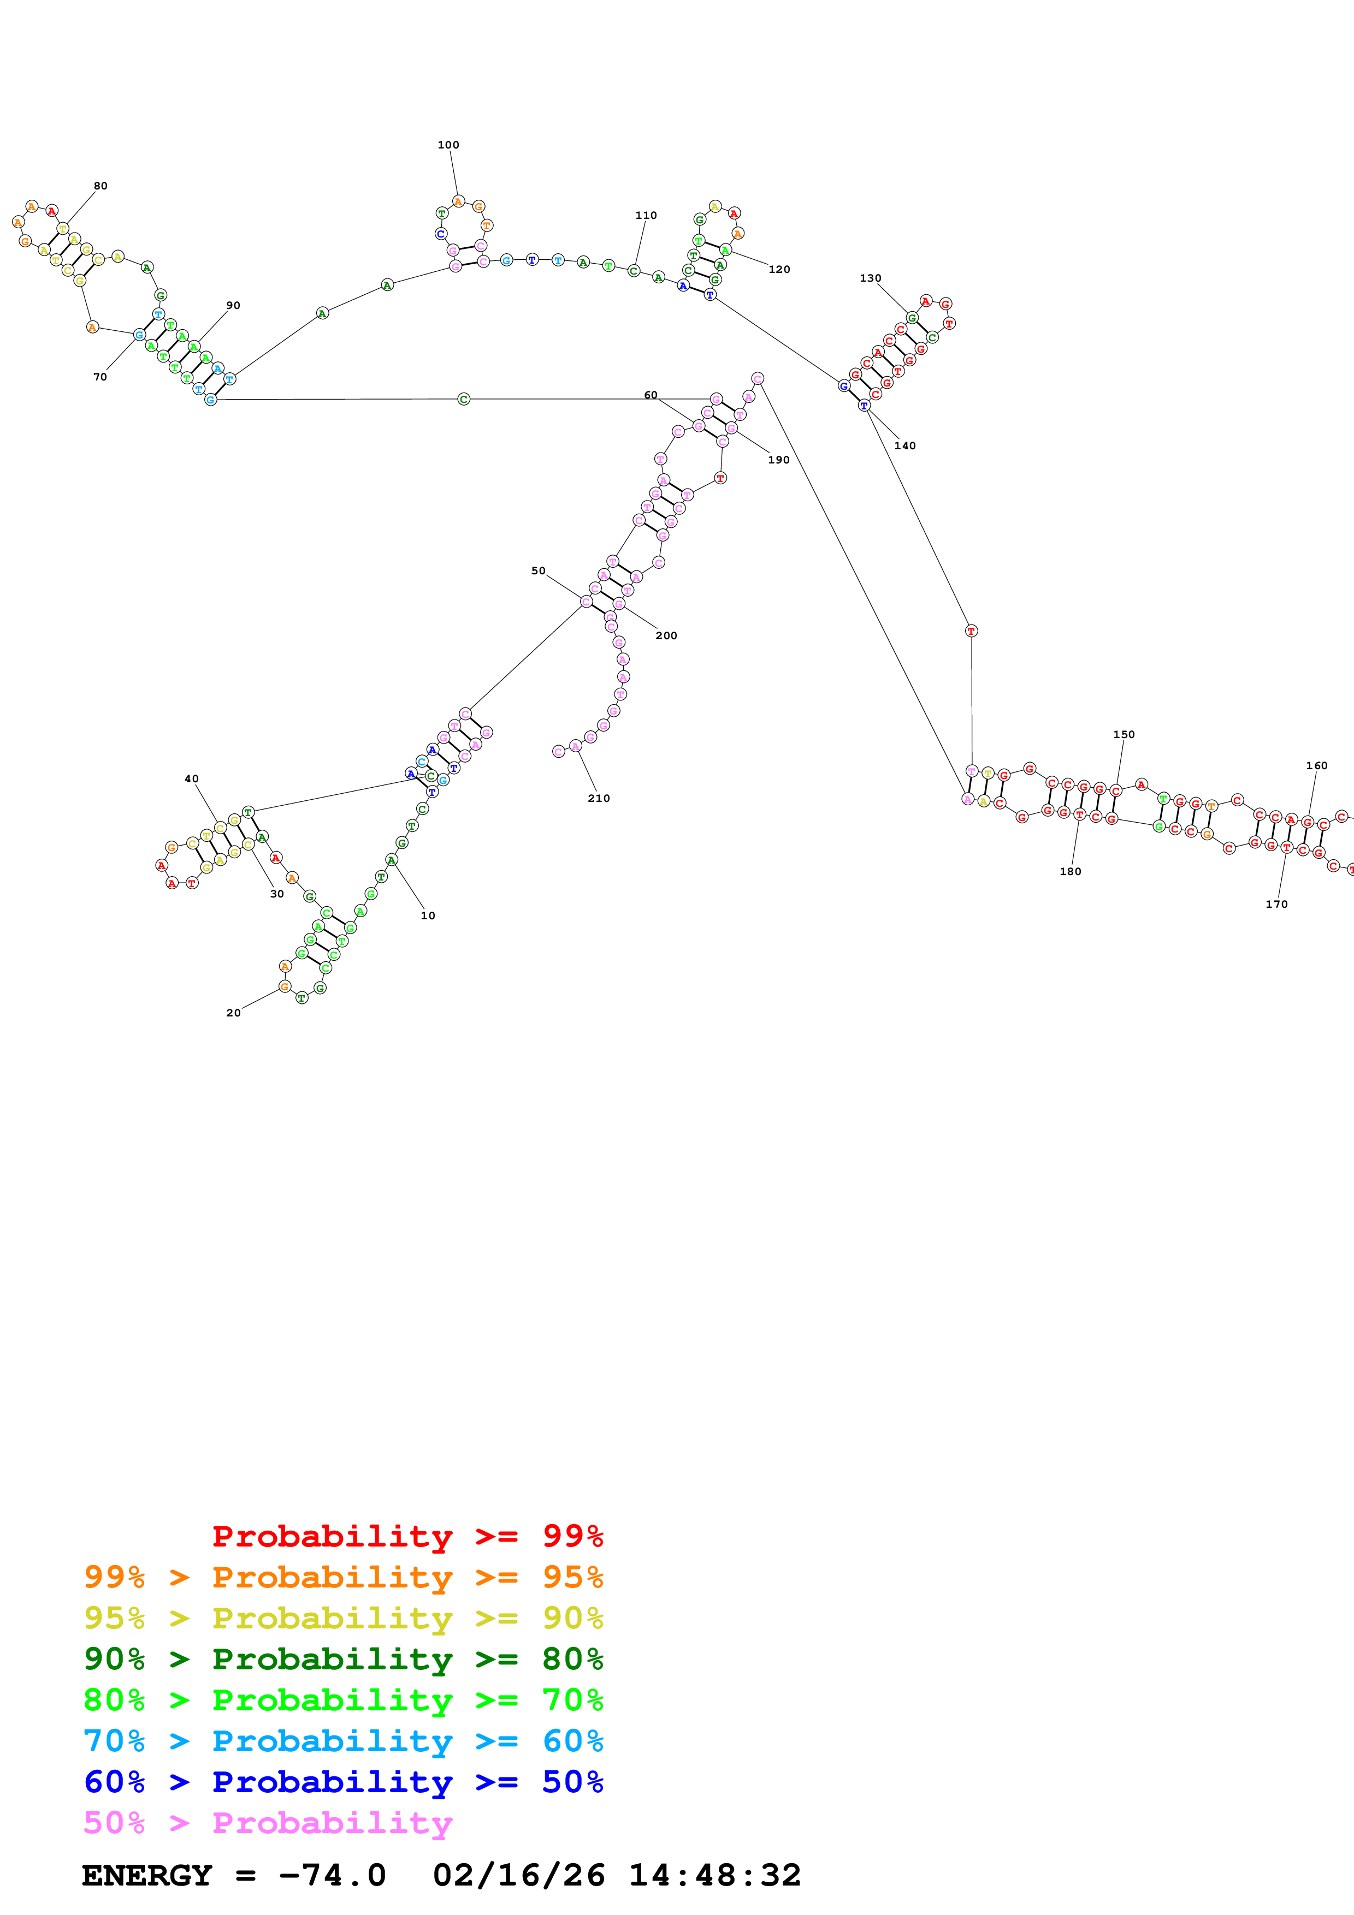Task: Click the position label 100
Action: tap(448, 145)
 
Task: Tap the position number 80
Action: tap(100, 186)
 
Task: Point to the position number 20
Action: tap(234, 1013)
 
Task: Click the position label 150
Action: tap(1124, 735)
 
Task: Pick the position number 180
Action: tap(1071, 872)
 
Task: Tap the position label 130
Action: tap(870, 278)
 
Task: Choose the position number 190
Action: tap(778, 460)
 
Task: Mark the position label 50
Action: tap(538, 572)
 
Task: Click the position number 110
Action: tap(646, 215)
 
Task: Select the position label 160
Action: tap(1316, 766)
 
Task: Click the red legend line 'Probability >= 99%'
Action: tap(407, 1536)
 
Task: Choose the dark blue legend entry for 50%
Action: tap(343, 1782)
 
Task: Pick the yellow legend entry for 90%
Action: tap(343, 1618)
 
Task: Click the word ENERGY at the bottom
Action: tap(147, 1875)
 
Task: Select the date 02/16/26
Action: tap(518, 1875)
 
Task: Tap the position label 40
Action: tap(191, 779)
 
